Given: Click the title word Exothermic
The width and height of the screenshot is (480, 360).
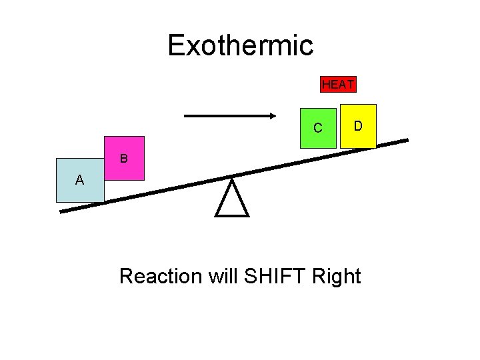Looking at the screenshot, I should point(240,45).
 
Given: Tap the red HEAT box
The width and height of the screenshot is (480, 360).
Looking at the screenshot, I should point(338,84).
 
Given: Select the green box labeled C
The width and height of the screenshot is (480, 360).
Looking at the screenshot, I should point(318,127).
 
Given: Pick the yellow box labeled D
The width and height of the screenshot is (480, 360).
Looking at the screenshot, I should point(358,125).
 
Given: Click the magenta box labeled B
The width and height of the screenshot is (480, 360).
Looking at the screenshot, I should point(124,159).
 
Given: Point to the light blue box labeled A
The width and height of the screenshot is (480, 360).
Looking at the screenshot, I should point(80,180).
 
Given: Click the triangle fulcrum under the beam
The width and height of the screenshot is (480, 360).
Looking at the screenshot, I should point(232,198).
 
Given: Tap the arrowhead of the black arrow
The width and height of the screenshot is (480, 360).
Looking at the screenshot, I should point(272,116).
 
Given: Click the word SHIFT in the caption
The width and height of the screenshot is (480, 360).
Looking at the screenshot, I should point(274,275).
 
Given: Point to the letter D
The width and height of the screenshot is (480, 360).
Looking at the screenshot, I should point(358,125).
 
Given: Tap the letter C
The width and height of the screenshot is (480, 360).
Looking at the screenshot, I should point(318,128).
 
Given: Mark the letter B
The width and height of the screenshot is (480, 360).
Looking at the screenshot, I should point(124,159).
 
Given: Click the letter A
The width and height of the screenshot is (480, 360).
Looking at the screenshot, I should point(79,180).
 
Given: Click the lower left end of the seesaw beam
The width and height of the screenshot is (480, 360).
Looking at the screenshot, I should point(62,211).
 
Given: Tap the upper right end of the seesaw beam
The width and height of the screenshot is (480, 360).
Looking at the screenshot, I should point(406,141).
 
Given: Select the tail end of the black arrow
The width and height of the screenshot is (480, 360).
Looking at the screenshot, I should point(186,116).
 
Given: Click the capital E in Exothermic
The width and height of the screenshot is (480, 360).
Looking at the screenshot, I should point(176,45).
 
